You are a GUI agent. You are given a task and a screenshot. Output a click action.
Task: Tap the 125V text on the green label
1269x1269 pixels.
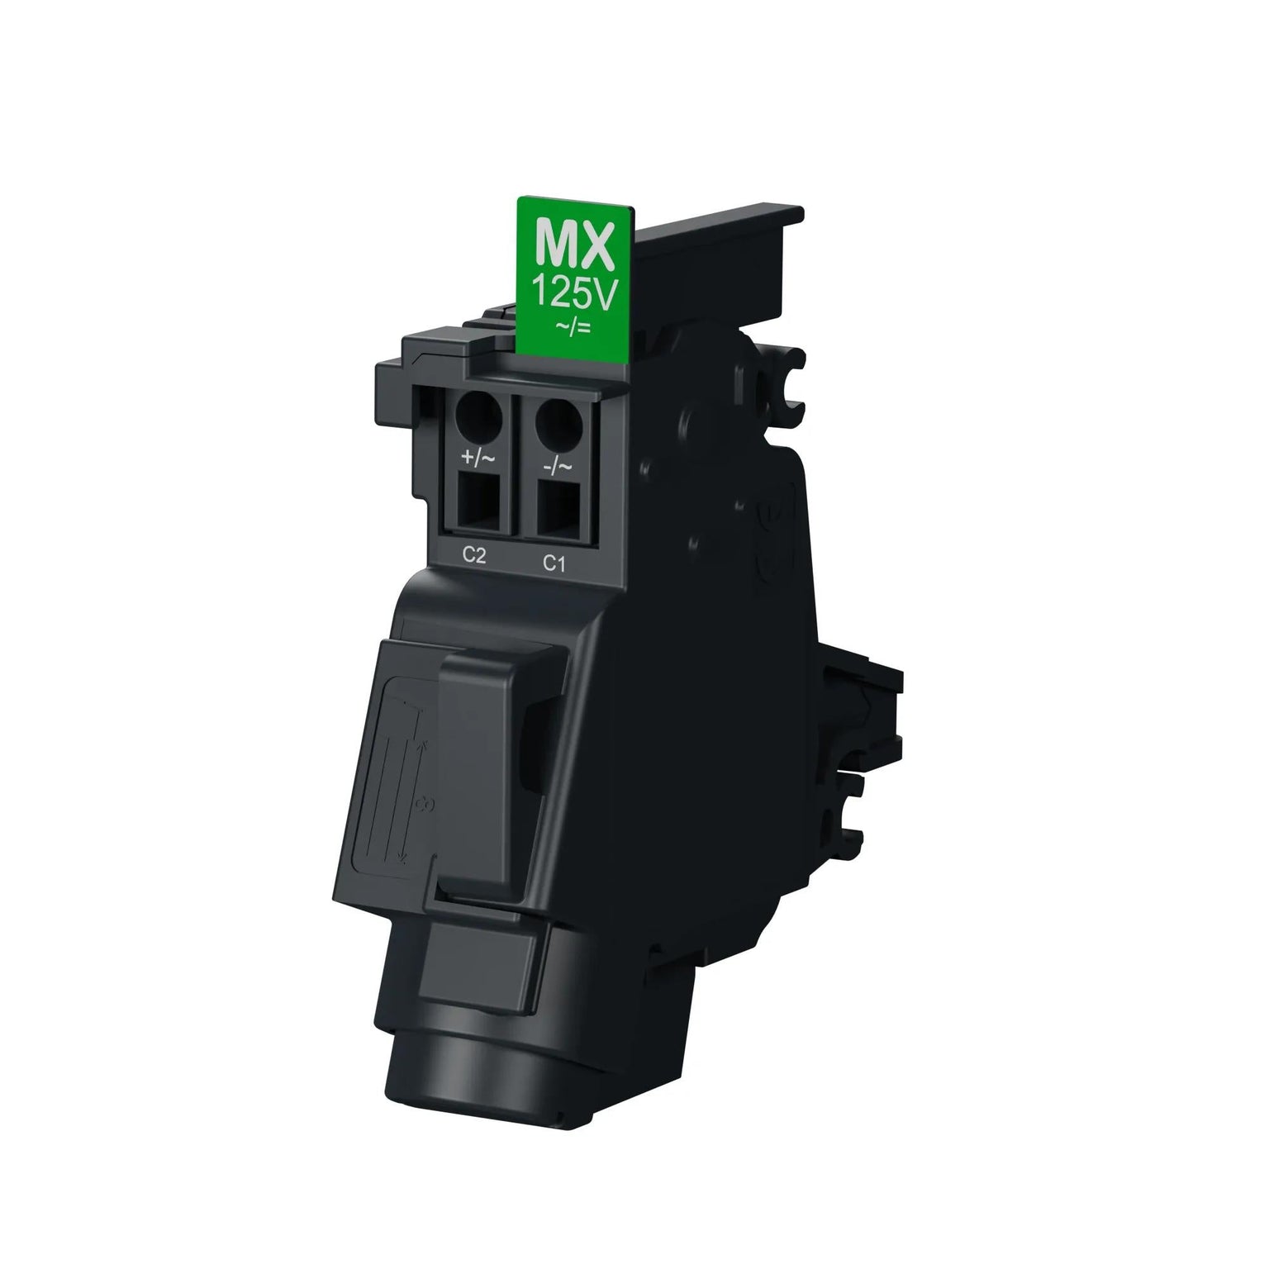click(576, 293)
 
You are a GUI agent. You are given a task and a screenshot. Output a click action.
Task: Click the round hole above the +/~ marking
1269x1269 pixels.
click(478, 416)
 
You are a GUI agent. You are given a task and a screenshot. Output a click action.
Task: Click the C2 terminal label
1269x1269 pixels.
click(472, 555)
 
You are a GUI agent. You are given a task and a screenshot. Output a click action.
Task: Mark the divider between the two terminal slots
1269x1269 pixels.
click(515, 471)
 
